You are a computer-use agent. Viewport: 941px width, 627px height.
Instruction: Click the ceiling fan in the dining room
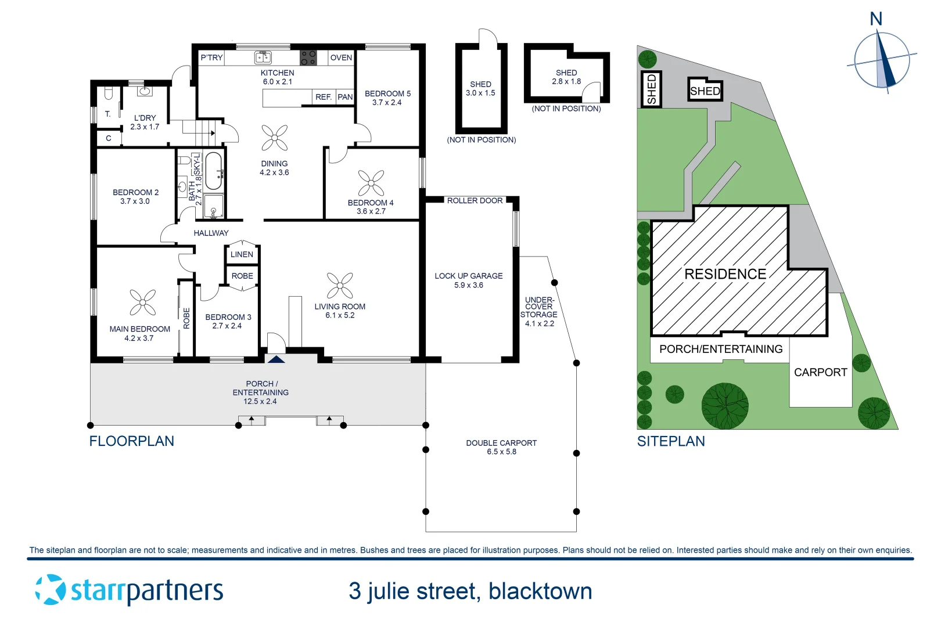coord(275,138)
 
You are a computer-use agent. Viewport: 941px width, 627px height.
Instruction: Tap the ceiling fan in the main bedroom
coord(142,302)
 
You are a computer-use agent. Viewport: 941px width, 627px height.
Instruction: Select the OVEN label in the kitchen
coord(341,57)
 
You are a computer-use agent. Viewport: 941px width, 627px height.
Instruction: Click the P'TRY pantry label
coord(211,57)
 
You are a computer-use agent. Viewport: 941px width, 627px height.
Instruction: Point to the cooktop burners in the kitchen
coord(308,57)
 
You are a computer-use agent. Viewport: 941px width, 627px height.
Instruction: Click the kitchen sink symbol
coord(263,57)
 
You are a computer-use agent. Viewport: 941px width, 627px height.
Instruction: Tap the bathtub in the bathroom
coord(213,171)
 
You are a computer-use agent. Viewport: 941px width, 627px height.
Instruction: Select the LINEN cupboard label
coord(242,254)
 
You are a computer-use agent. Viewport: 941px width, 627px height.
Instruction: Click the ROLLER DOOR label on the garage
coord(475,200)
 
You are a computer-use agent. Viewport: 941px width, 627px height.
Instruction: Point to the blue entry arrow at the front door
coord(276,359)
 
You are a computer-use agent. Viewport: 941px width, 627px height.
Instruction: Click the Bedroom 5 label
coord(387,93)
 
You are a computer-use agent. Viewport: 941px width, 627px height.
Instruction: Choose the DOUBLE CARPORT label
coord(501,443)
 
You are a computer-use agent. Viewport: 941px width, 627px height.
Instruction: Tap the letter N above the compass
coord(876,19)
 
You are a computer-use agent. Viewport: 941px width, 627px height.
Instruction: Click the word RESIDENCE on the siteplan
coord(725,274)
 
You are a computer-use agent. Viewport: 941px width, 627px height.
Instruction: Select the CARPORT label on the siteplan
coord(820,372)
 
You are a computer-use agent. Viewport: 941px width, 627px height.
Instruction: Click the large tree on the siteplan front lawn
coord(725,406)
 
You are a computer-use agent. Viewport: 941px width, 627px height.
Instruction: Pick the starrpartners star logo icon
coord(51,590)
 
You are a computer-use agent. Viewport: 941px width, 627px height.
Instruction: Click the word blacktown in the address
coord(540,592)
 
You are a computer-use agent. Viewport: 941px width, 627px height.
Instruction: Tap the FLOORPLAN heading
coord(131,441)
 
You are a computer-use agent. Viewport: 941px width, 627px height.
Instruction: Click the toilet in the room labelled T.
coord(108,93)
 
